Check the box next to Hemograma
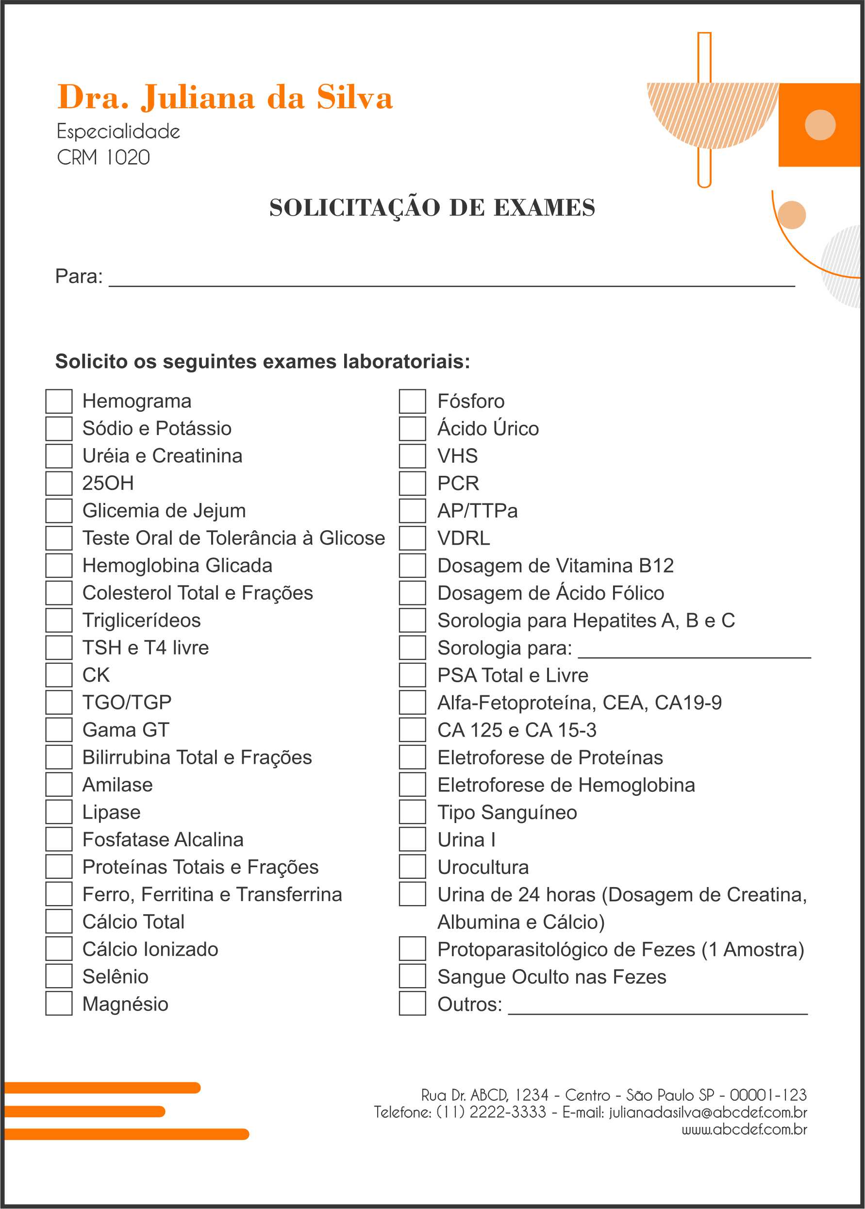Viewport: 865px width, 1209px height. coord(59,401)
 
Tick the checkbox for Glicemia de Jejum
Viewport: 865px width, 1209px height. coord(59,510)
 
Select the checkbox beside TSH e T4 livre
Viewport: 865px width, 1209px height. coord(59,647)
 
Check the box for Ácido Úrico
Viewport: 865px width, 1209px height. coord(412,428)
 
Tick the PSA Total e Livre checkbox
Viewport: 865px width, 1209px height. coord(412,675)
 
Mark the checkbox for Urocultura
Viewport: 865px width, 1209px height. coord(412,867)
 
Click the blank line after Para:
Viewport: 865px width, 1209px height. coord(452,280)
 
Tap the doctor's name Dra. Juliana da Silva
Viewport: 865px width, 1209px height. coord(225,98)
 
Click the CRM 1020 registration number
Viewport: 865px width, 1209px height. coord(103,158)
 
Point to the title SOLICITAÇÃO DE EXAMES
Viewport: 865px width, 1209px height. coord(432,208)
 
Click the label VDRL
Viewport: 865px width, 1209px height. coord(464,538)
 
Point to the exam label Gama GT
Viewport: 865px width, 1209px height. coord(126,730)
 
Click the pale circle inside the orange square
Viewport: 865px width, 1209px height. coord(820,125)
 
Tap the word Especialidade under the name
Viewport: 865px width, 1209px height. coord(118,132)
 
